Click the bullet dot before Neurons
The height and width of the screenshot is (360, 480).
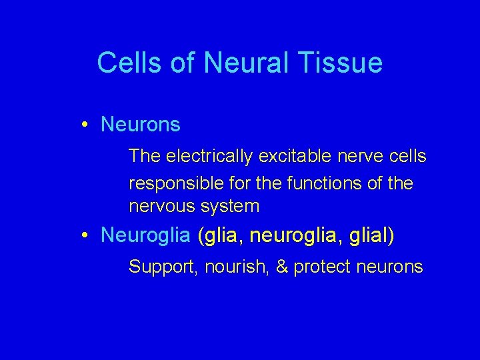[x=87, y=125]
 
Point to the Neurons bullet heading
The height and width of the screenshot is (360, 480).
[x=140, y=125]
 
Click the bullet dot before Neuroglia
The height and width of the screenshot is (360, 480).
[x=87, y=235]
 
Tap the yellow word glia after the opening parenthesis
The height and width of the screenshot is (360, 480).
[x=221, y=235]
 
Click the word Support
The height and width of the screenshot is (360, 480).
[x=162, y=267]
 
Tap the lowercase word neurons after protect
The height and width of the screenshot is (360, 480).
[x=390, y=267]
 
